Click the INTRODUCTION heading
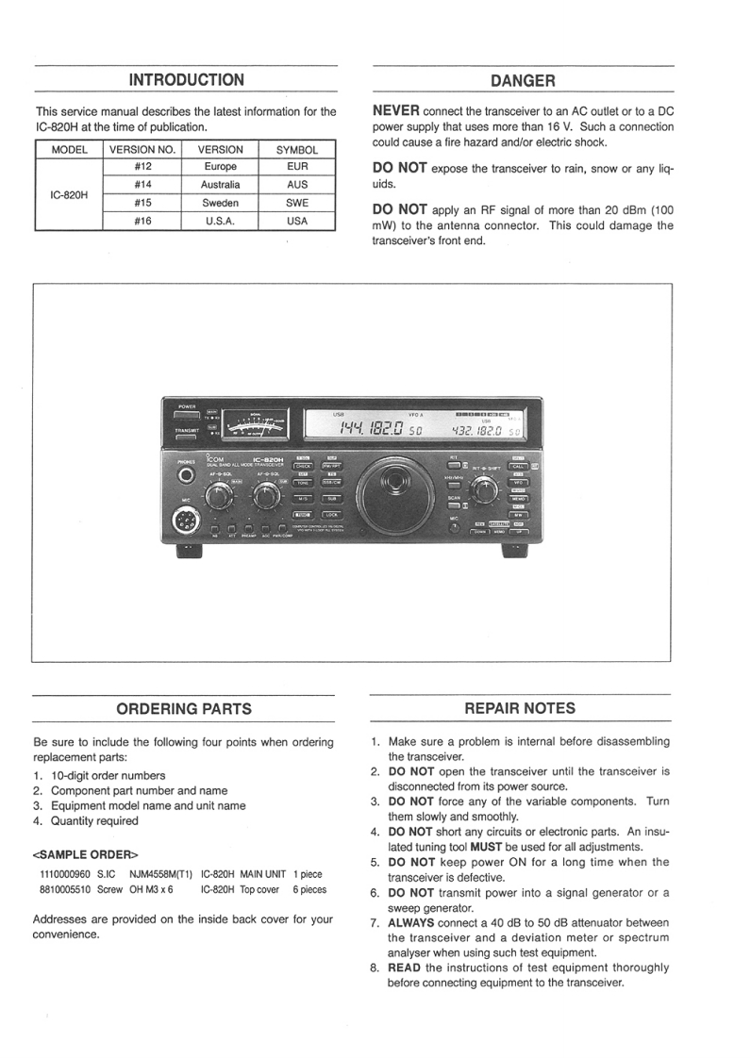186,80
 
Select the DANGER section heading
523,81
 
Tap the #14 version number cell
143,185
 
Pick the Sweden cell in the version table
220,203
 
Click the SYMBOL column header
297,149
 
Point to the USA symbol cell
297,221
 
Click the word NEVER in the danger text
397,111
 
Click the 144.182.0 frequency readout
363,430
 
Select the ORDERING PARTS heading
184,708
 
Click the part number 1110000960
63,874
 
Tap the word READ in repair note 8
404,967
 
